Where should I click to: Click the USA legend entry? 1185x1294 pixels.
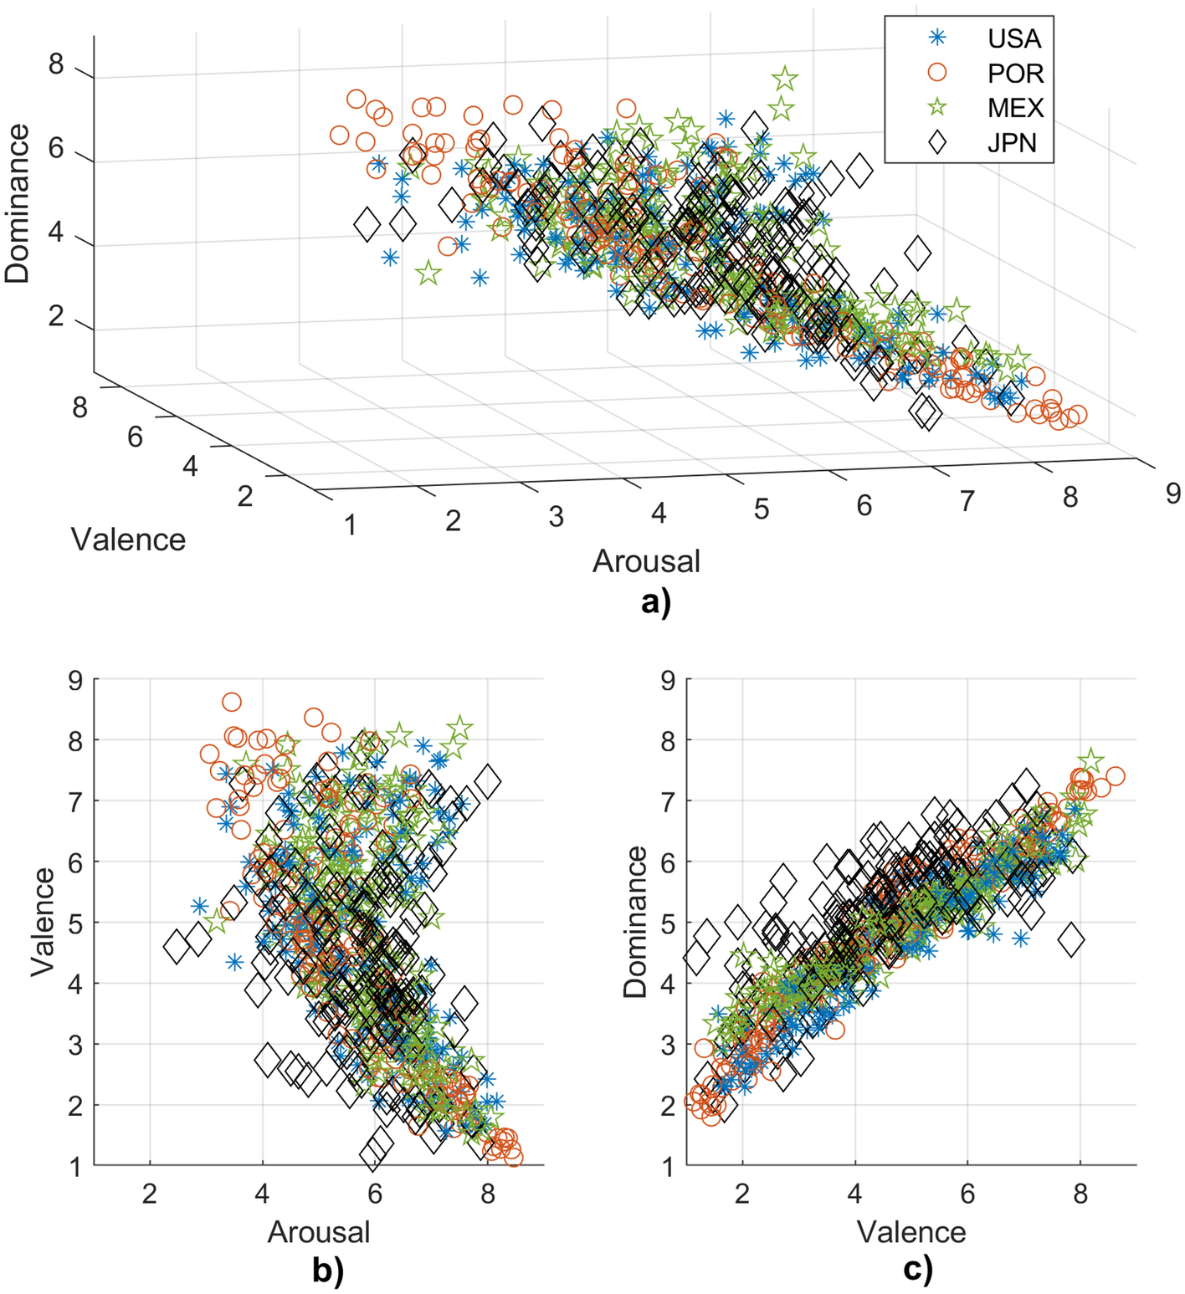pos(1013,38)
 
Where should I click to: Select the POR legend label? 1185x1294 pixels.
pos(1015,74)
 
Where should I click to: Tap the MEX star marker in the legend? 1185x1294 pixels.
pos(938,108)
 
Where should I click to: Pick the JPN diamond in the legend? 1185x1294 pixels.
pos(938,143)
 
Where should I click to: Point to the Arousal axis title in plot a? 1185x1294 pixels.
pos(646,560)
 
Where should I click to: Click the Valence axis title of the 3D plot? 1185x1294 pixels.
pos(128,540)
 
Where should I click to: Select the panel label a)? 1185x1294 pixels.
pos(655,601)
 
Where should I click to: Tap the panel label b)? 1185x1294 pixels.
pos(328,1271)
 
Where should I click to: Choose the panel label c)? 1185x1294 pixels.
pos(918,1271)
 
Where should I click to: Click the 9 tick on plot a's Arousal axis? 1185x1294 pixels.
pos(1173,493)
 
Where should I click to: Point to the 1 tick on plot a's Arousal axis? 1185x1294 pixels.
pos(350,525)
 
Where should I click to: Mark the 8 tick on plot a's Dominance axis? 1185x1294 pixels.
pos(56,64)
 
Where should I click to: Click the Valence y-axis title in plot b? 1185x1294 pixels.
pos(43,922)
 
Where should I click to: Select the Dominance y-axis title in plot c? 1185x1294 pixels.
pos(636,922)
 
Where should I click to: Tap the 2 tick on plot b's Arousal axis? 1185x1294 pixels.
pos(150,1194)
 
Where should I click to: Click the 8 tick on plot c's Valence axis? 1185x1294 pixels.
pos(1080,1194)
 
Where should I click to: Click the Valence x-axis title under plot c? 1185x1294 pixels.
pos(911,1232)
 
